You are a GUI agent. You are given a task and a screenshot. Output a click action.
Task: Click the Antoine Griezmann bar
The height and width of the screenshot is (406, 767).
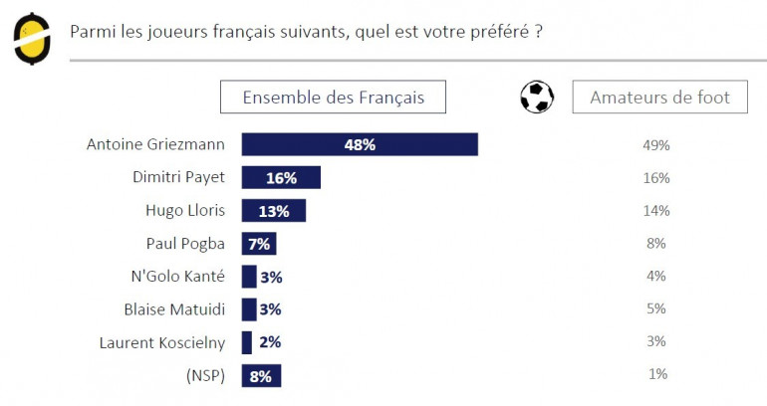tap(360, 144)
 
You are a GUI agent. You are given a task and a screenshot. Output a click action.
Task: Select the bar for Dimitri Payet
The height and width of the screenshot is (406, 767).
tap(281, 177)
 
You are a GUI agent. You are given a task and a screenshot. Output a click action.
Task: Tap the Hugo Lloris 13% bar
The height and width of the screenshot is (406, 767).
tap(274, 210)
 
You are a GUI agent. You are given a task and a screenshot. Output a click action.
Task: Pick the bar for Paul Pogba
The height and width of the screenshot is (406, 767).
tap(259, 243)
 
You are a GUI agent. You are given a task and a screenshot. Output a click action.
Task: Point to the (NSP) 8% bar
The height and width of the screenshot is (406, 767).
tap(262, 375)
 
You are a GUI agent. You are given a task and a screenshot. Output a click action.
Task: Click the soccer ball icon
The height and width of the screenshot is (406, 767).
tap(537, 97)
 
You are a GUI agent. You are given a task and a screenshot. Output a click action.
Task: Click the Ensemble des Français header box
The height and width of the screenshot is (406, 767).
tap(333, 97)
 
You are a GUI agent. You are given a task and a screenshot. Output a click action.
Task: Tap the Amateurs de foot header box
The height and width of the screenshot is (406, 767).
tap(659, 97)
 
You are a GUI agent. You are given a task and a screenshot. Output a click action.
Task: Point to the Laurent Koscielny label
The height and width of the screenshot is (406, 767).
tap(162, 342)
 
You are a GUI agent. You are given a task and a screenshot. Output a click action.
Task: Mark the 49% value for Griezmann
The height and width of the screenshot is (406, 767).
tap(656, 145)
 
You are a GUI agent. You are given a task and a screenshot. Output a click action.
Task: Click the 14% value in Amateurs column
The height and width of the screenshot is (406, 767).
tap(656, 210)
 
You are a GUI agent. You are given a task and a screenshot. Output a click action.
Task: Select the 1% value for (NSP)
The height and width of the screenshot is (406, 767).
tap(656, 374)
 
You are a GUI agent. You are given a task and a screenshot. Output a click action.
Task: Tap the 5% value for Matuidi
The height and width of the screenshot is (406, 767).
tap(656, 308)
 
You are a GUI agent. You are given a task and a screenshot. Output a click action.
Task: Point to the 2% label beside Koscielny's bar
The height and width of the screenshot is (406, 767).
tap(270, 342)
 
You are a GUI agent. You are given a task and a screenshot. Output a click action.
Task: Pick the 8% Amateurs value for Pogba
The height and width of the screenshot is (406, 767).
tap(656, 243)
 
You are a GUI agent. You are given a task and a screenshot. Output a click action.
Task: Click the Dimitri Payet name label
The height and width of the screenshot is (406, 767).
tap(178, 177)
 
